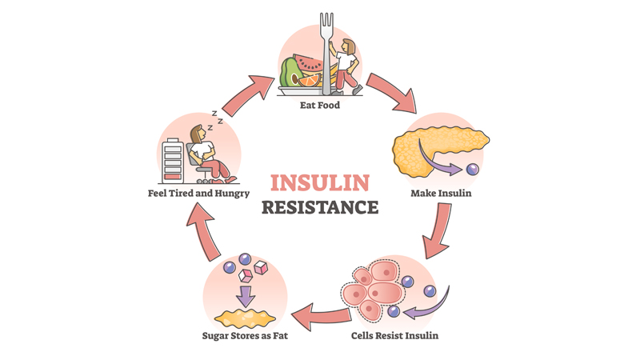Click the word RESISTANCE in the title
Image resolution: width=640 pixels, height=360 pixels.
(x=319, y=207)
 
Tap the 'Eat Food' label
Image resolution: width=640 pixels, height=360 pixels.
(x=319, y=104)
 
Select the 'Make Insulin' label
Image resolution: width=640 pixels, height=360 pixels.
(x=442, y=193)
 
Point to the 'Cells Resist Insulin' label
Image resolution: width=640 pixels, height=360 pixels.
(x=394, y=335)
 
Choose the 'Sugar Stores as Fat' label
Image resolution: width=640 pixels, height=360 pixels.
(x=244, y=335)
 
